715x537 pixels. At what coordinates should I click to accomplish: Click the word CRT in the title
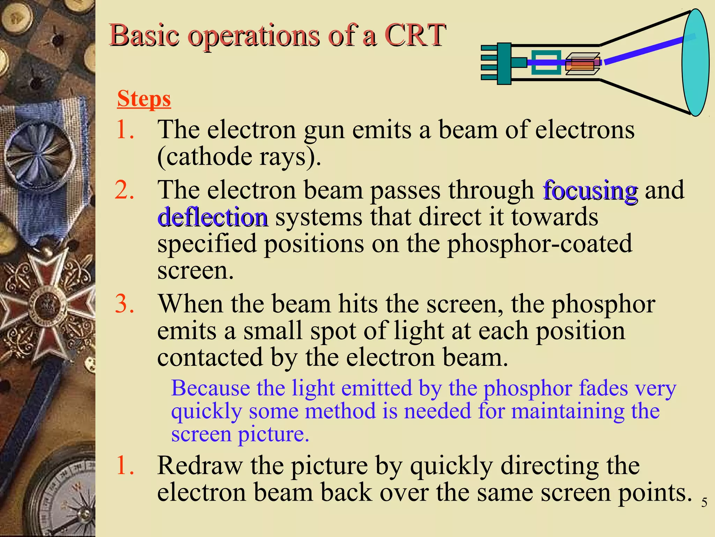pyautogui.click(x=415, y=35)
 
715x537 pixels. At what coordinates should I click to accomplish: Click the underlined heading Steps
pyautogui.click(x=144, y=99)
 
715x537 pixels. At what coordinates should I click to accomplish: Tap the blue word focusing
pyautogui.click(x=590, y=191)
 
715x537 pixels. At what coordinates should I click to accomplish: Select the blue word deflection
pyautogui.click(x=212, y=217)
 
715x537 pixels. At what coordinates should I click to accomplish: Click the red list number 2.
pyautogui.click(x=124, y=191)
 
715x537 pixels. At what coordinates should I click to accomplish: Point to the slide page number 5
pyautogui.click(x=704, y=503)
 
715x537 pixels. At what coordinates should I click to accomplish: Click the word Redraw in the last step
pyautogui.click(x=200, y=466)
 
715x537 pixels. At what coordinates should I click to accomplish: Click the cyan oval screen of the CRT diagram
pyautogui.click(x=695, y=63)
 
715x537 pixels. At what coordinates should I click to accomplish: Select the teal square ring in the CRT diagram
pyautogui.click(x=546, y=63)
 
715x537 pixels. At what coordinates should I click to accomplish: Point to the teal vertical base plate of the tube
pyautogui.click(x=504, y=64)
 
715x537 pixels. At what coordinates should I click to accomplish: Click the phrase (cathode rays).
pyautogui.click(x=239, y=157)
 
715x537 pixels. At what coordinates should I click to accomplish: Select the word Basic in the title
pyautogui.click(x=145, y=35)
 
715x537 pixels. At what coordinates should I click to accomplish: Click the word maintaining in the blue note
pyautogui.click(x=568, y=411)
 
